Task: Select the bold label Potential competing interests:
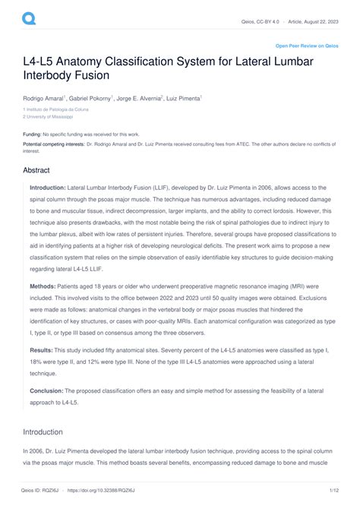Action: pos(54,144)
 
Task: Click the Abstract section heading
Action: pos(36,171)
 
